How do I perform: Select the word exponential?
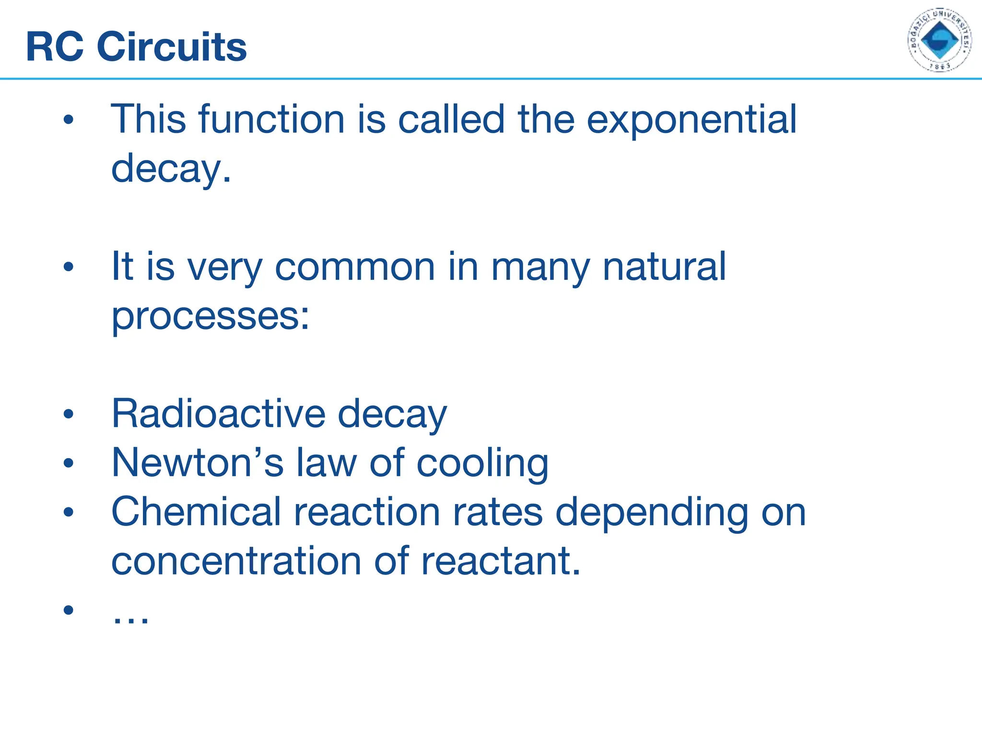[x=691, y=120]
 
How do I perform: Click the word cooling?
[x=482, y=464]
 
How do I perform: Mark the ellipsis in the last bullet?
[x=130, y=620]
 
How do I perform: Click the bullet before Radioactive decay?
[x=69, y=414]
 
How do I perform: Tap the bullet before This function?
[x=69, y=120]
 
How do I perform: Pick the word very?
[x=224, y=267]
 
